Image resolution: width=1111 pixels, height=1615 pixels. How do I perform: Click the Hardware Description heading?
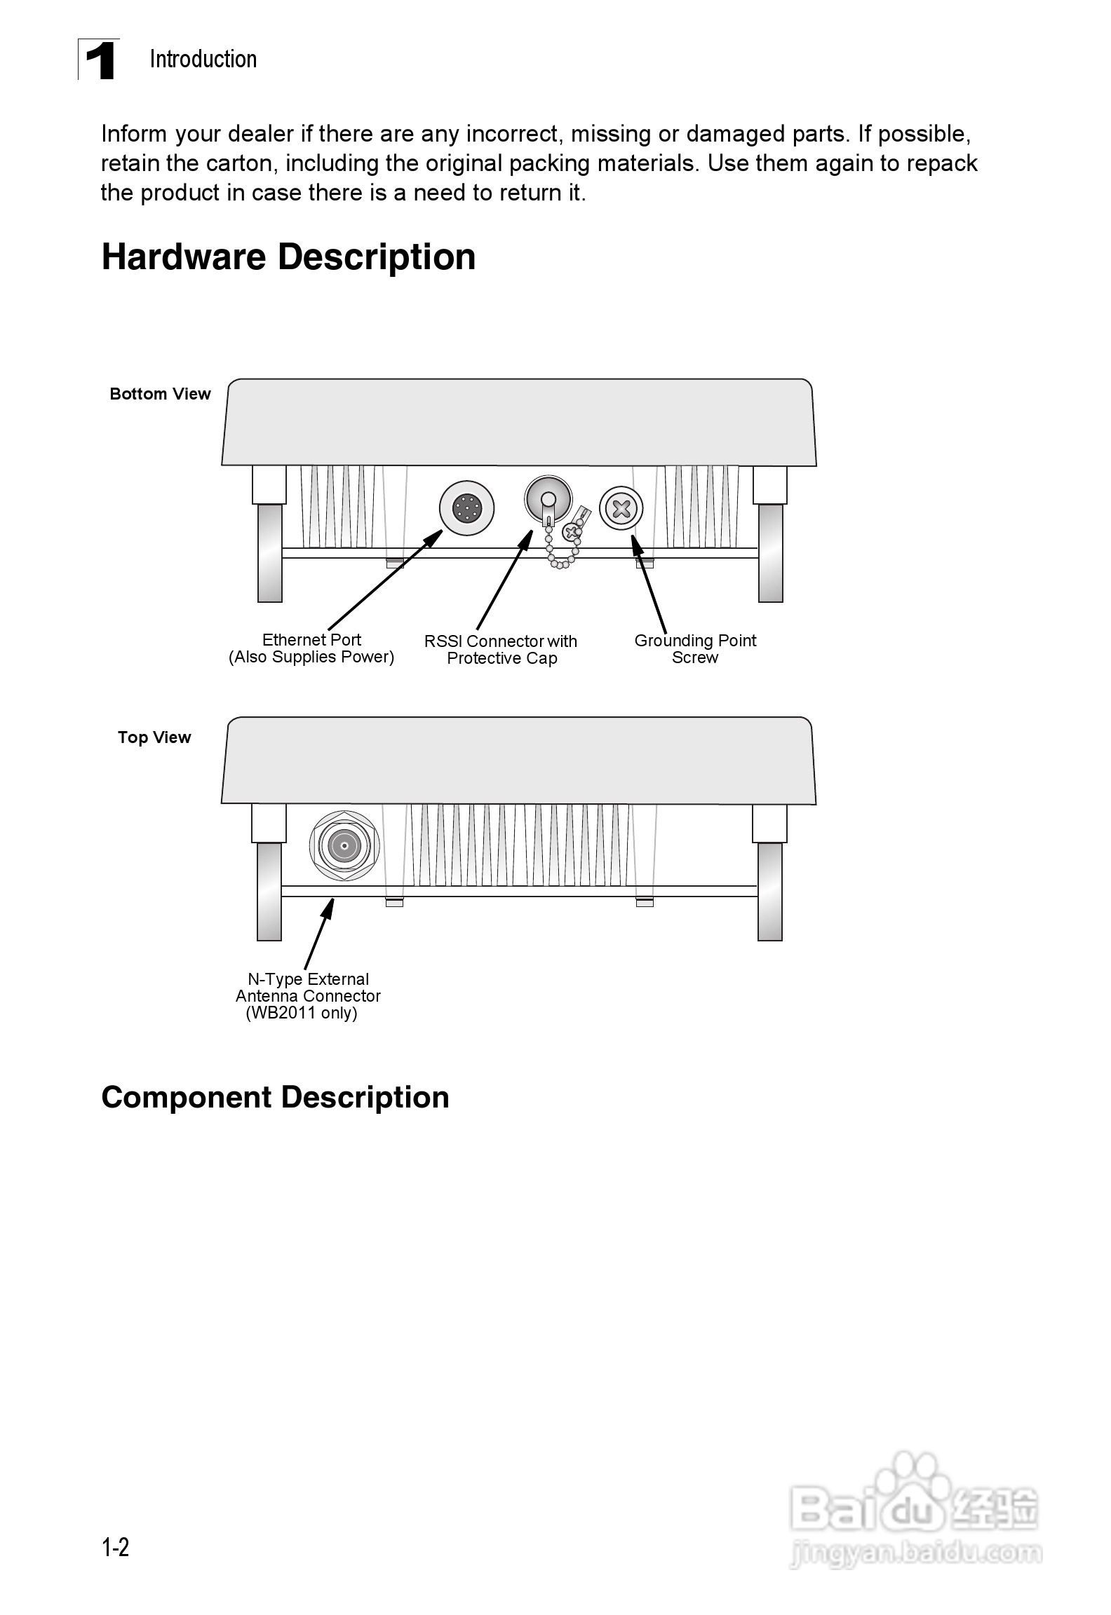click(x=288, y=257)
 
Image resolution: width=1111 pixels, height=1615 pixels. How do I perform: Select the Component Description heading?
click(x=275, y=1097)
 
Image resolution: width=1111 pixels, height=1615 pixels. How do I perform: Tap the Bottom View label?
click(x=160, y=394)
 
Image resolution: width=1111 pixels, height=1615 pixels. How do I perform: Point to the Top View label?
click(x=154, y=737)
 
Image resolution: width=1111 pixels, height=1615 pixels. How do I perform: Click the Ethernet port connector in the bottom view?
click(x=466, y=507)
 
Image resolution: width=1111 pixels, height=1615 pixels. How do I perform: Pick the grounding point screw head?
click(x=621, y=508)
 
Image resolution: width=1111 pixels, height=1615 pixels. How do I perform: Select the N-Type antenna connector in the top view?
click(x=344, y=847)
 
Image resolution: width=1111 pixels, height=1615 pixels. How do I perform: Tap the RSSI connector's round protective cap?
click(x=548, y=498)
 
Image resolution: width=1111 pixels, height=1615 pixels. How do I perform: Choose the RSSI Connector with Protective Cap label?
click(x=501, y=650)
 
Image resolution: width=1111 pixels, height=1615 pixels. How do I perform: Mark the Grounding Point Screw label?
click(x=695, y=649)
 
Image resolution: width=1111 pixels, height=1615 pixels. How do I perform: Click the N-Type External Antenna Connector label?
click(x=308, y=996)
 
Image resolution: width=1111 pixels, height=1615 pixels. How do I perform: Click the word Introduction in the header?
click(x=203, y=60)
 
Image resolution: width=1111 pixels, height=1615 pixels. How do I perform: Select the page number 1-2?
click(x=116, y=1548)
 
